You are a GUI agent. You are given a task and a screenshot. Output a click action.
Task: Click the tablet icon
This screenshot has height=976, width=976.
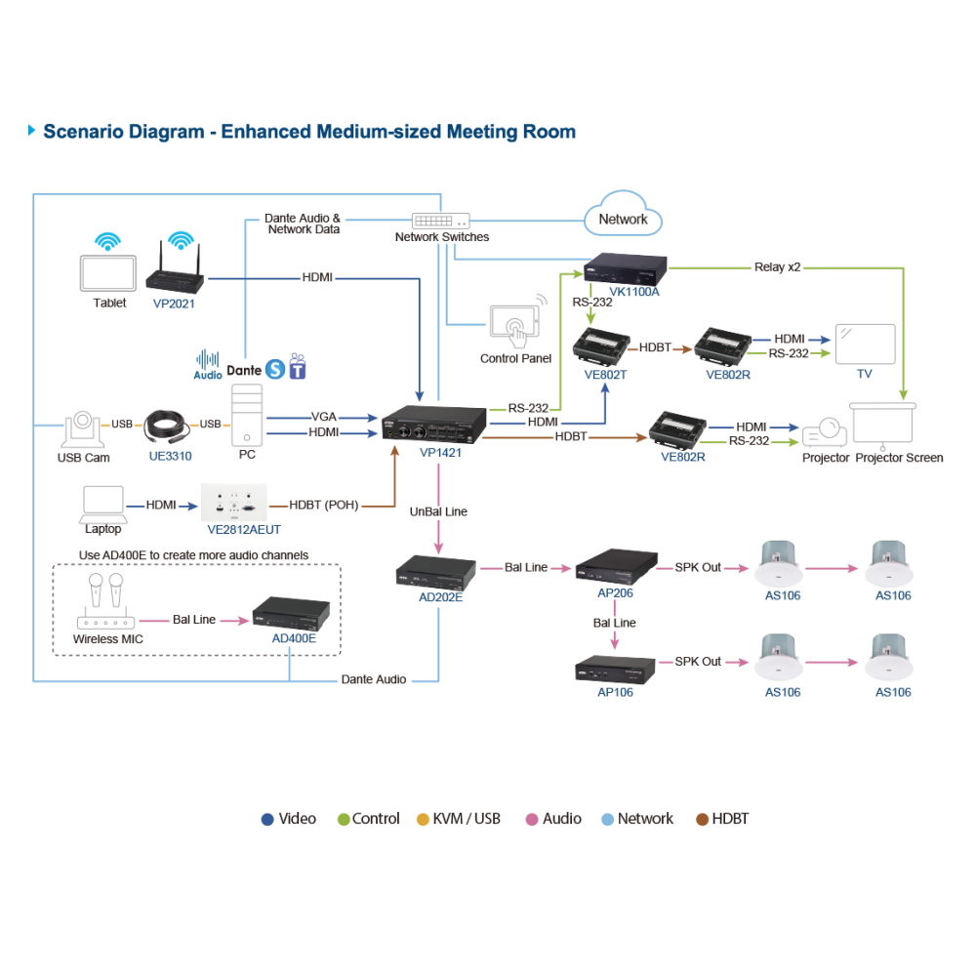[107, 273]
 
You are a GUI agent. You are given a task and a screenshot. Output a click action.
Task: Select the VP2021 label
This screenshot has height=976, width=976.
[174, 304]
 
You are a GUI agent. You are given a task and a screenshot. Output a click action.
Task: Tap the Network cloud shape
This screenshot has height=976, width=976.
[623, 214]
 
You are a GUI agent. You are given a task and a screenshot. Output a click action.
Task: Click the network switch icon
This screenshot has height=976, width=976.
[441, 221]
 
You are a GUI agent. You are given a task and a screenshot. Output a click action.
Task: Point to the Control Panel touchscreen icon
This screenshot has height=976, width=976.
[514, 324]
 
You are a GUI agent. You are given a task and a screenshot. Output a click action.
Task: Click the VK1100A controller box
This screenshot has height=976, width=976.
[625, 269]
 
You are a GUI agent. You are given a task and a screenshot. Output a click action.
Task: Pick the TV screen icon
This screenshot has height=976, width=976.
[865, 345]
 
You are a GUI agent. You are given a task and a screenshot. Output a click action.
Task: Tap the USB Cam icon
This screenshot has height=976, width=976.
[83, 428]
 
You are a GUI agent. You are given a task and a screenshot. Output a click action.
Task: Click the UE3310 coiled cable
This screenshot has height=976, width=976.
[167, 427]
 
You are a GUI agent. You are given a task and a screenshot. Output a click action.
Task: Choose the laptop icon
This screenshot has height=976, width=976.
[103, 505]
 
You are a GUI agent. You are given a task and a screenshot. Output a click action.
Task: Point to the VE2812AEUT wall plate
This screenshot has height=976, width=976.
[234, 503]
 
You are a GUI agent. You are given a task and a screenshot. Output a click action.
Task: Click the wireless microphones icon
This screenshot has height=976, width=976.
[105, 600]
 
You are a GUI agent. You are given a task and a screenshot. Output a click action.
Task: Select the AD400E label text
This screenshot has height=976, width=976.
[294, 638]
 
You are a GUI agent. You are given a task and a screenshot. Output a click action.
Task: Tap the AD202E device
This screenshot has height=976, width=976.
[435, 572]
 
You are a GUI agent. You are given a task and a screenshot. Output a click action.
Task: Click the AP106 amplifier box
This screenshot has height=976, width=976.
[615, 670]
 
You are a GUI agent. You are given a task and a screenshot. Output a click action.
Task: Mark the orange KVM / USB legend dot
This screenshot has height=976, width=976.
[423, 819]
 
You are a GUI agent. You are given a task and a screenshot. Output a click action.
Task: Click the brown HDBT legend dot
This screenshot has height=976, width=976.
[702, 819]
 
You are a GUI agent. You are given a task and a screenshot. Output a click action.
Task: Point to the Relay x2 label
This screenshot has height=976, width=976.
[778, 267]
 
